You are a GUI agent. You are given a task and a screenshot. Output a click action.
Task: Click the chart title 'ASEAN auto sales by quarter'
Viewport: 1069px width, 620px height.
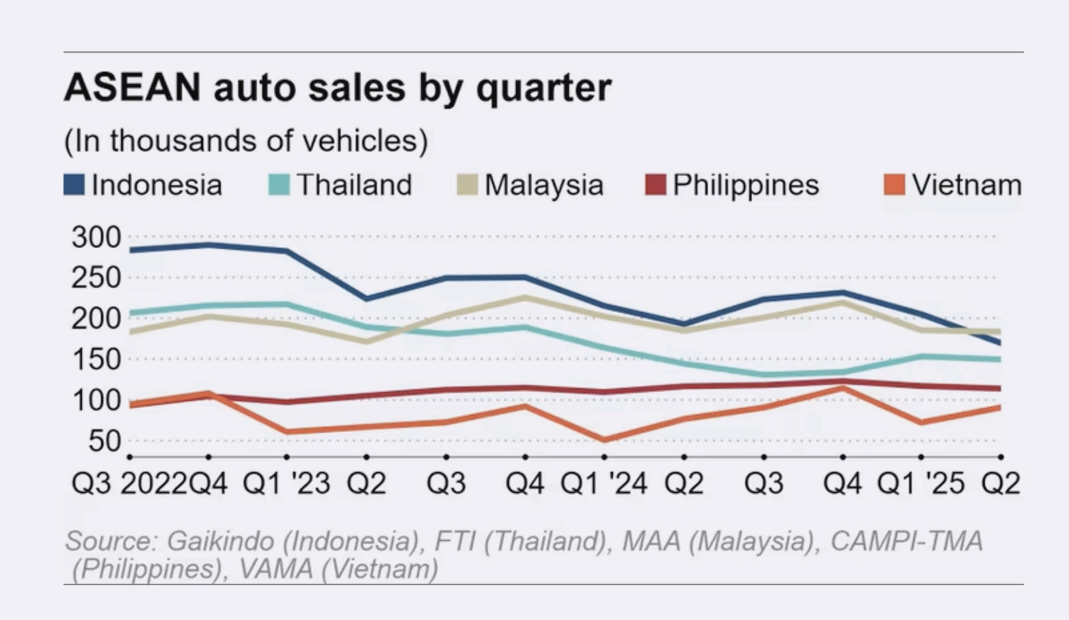337,88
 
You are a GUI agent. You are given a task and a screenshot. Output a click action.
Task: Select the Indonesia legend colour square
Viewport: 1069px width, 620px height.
74,185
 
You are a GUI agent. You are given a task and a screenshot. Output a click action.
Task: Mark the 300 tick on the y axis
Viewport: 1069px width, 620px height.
96,237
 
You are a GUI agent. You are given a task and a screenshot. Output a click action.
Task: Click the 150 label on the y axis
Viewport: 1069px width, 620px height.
96,360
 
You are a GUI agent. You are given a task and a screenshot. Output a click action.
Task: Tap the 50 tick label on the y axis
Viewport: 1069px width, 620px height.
104,441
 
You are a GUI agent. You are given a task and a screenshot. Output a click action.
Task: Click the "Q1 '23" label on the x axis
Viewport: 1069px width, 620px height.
286,483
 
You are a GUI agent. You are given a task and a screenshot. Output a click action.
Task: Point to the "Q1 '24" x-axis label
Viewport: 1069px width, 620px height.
604,483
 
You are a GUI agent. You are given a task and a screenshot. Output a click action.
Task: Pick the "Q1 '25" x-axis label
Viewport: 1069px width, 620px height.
921,483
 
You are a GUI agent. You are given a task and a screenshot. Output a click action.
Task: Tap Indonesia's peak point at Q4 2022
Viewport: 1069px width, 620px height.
208,245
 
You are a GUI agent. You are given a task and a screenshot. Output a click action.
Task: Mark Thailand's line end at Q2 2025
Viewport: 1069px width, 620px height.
999,359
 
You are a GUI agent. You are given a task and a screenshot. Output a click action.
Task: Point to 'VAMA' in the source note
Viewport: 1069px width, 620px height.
276,569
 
